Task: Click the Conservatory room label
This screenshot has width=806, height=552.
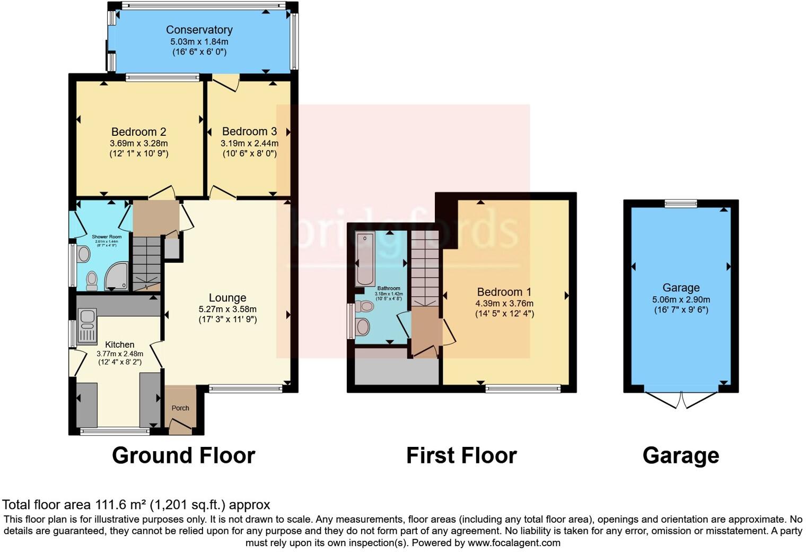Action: coord(199,30)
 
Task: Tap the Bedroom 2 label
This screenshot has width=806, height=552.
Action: coord(134,132)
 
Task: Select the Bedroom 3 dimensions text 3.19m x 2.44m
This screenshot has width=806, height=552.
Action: coord(249,143)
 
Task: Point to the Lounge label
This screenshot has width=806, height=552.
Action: coord(227,298)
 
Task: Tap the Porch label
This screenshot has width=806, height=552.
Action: coord(180,408)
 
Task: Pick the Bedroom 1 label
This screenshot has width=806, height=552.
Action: coord(504,292)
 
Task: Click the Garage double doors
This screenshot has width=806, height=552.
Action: coord(681,399)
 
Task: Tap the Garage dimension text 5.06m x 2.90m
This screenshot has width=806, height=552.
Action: coord(681,299)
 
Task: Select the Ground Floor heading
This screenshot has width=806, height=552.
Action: coord(183,455)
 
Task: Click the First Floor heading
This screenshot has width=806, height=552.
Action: coord(461,455)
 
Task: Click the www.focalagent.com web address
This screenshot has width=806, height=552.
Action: coord(514,542)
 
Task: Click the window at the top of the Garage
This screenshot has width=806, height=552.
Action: coord(681,203)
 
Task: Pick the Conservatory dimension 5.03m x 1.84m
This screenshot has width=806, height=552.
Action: coord(199,41)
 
